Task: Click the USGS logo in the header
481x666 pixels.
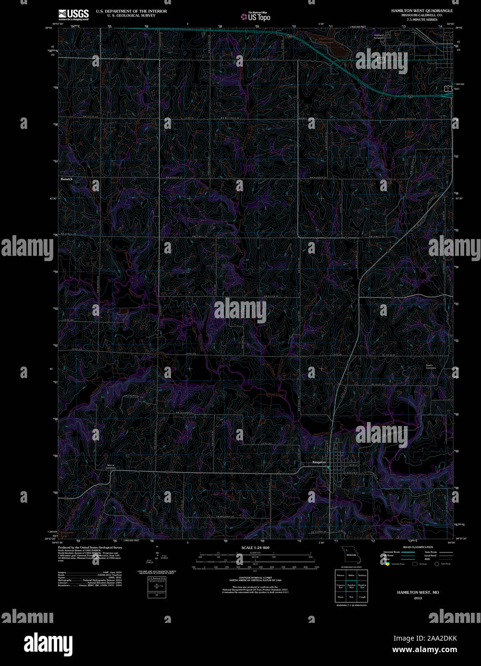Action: [x=73, y=14]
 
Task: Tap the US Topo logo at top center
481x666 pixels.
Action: [x=256, y=16]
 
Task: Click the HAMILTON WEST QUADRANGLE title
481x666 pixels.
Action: [x=422, y=11]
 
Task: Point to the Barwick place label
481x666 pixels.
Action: [x=67, y=179]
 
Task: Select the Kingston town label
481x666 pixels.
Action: [x=319, y=462]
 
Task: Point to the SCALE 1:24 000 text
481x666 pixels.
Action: [x=255, y=548]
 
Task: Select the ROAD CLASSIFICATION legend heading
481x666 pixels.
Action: [x=418, y=547]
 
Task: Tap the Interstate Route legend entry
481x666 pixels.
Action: [x=392, y=552]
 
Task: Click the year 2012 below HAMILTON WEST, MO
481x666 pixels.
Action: [x=418, y=598]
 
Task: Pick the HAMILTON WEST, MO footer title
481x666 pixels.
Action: [x=418, y=593]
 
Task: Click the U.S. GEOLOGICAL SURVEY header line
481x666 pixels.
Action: [x=126, y=15]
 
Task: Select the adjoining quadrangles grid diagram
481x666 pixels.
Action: [x=351, y=586]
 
